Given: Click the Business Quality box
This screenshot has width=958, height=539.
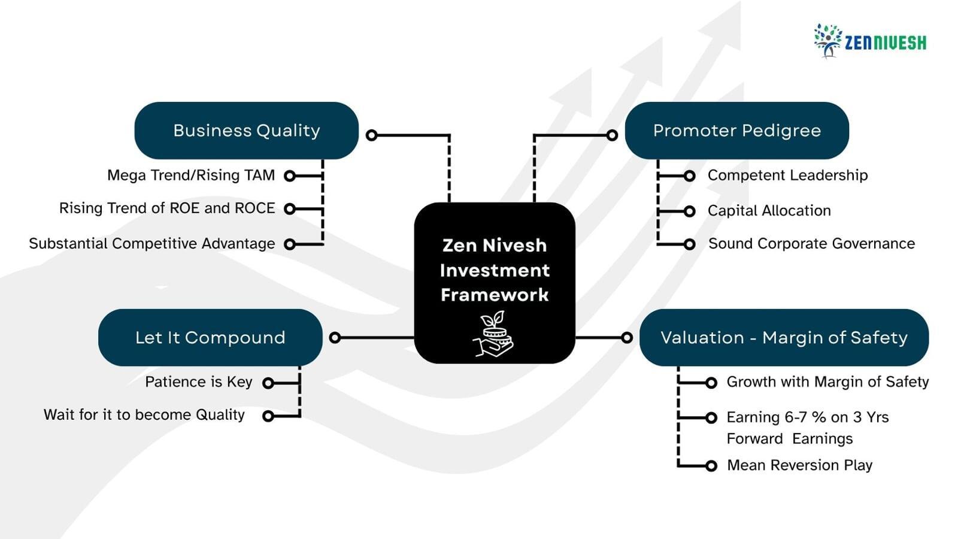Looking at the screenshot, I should (x=246, y=131).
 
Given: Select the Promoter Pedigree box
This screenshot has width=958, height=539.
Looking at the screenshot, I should (x=736, y=131).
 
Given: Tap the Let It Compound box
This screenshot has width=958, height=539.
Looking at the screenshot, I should (x=210, y=338).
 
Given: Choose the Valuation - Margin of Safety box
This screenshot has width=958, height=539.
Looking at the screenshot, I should (x=784, y=338).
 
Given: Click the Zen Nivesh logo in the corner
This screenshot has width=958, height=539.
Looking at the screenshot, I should (x=869, y=41).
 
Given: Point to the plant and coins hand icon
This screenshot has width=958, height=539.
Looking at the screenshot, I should (x=494, y=334).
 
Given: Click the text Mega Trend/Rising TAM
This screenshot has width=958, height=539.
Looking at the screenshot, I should (x=191, y=175).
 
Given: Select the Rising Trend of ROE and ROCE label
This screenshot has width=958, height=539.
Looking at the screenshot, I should (x=167, y=208).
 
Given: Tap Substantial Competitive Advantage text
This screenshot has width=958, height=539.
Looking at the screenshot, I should (x=152, y=244).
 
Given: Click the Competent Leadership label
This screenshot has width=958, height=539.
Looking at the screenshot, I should (x=787, y=175).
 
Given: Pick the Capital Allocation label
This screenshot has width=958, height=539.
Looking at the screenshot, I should (x=769, y=211).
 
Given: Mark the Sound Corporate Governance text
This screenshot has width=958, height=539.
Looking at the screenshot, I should (x=811, y=244).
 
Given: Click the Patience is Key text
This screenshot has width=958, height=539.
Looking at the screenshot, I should (x=198, y=382).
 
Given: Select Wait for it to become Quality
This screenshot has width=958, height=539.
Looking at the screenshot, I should (x=144, y=415).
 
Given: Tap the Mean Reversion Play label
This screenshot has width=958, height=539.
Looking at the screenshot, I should (x=799, y=465).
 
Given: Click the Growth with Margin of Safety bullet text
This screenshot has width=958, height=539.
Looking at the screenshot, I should (x=827, y=382).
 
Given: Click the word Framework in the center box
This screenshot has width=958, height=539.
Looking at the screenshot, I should (x=495, y=295).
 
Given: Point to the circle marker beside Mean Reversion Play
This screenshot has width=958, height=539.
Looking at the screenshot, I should (x=711, y=466).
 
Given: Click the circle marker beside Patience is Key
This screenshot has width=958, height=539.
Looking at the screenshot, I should (x=268, y=383).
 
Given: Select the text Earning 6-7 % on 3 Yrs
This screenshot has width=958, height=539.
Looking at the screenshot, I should (x=807, y=417).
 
